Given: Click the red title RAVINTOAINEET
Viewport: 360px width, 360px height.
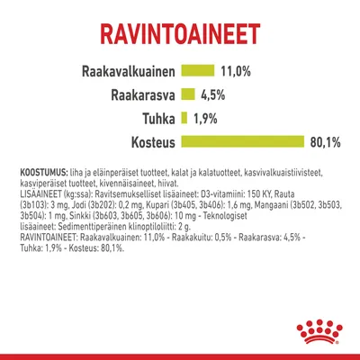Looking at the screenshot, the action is tap(180, 33).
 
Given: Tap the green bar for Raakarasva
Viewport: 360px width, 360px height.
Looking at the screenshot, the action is tap(188, 94).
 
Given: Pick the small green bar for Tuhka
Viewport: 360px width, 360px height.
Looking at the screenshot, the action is tap(184, 117).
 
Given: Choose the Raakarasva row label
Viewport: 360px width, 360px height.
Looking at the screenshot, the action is tap(141, 94).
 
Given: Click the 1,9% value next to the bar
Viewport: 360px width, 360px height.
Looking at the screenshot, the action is tap(204, 117).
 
